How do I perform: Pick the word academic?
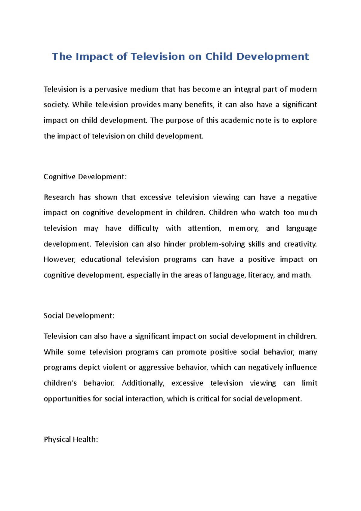[237, 120]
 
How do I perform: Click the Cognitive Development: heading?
[85, 177]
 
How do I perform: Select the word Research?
[59, 197]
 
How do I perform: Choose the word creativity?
[300, 244]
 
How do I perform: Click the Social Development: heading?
[79, 316]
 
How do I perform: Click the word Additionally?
[143, 383]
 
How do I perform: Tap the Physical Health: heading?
[71, 439]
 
